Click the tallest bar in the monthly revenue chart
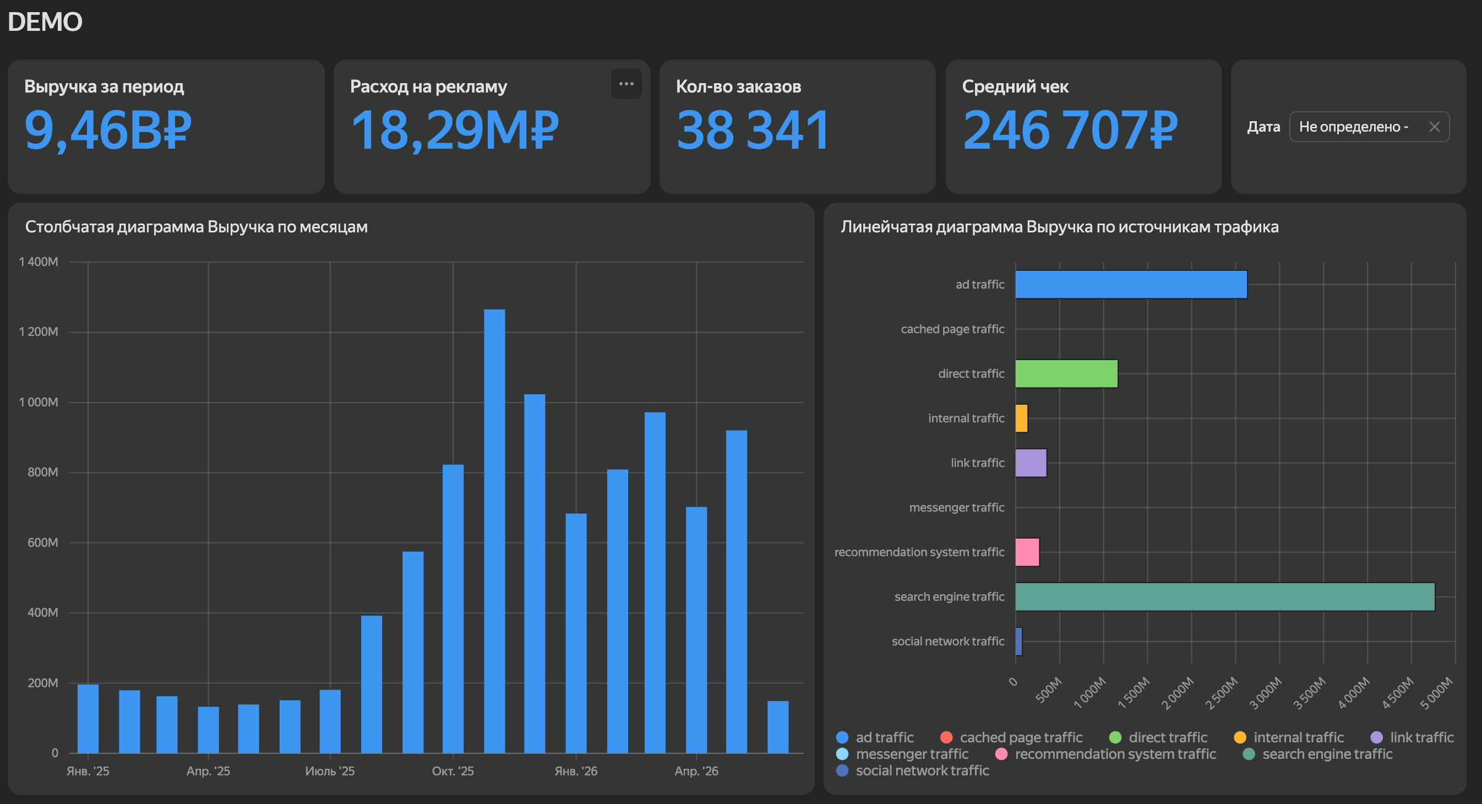click(494, 531)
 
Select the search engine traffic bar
click(1225, 596)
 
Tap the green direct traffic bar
click(1066, 373)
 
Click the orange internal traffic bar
click(1021, 418)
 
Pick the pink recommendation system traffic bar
click(1027, 552)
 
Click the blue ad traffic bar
click(1131, 284)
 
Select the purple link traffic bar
click(1031, 463)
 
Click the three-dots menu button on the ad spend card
click(626, 84)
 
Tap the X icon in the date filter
click(1434, 127)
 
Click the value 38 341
click(753, 131)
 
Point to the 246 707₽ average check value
click(1070, 131)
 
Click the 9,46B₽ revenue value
click(107, 131)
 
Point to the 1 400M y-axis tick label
click(39, 262)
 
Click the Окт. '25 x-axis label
click(453, 770)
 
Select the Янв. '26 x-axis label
click(576, 770)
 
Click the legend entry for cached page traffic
click(1011, 737)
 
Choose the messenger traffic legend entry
click(902, 754)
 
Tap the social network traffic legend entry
click(912, 770)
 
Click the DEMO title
click(45, 22)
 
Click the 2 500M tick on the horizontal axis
click(1222, 693)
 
